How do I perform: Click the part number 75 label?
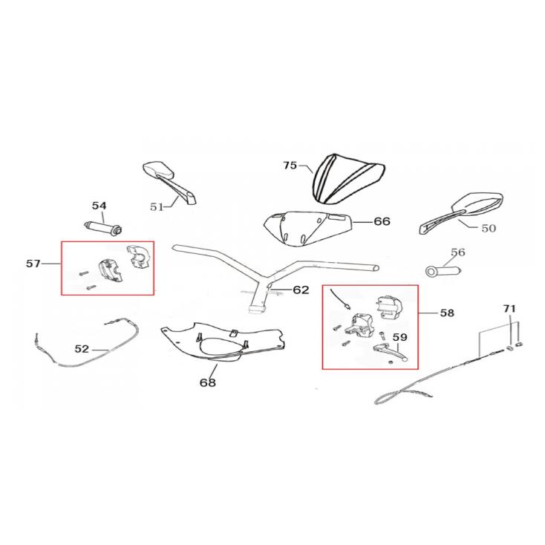coord(290,166)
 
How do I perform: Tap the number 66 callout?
coord(382,221)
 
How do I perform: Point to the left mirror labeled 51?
coord(169,182)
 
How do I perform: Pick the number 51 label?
coord(157,207)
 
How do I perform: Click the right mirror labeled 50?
coord(460,212)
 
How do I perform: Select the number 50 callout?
coord(489,229)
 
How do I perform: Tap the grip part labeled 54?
coord(104,227)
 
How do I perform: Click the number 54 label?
coord(99,206)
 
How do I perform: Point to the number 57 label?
coord(33,264)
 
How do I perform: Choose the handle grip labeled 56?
coord(443,271)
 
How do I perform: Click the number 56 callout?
coord(458,252)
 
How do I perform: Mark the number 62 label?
coord(301,290)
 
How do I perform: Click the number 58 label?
coord(447,313)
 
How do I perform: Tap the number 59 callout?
coord(399,337)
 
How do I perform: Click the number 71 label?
coord(509,309)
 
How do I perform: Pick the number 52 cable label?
coord(82,349)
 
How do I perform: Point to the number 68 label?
coord(207,382)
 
